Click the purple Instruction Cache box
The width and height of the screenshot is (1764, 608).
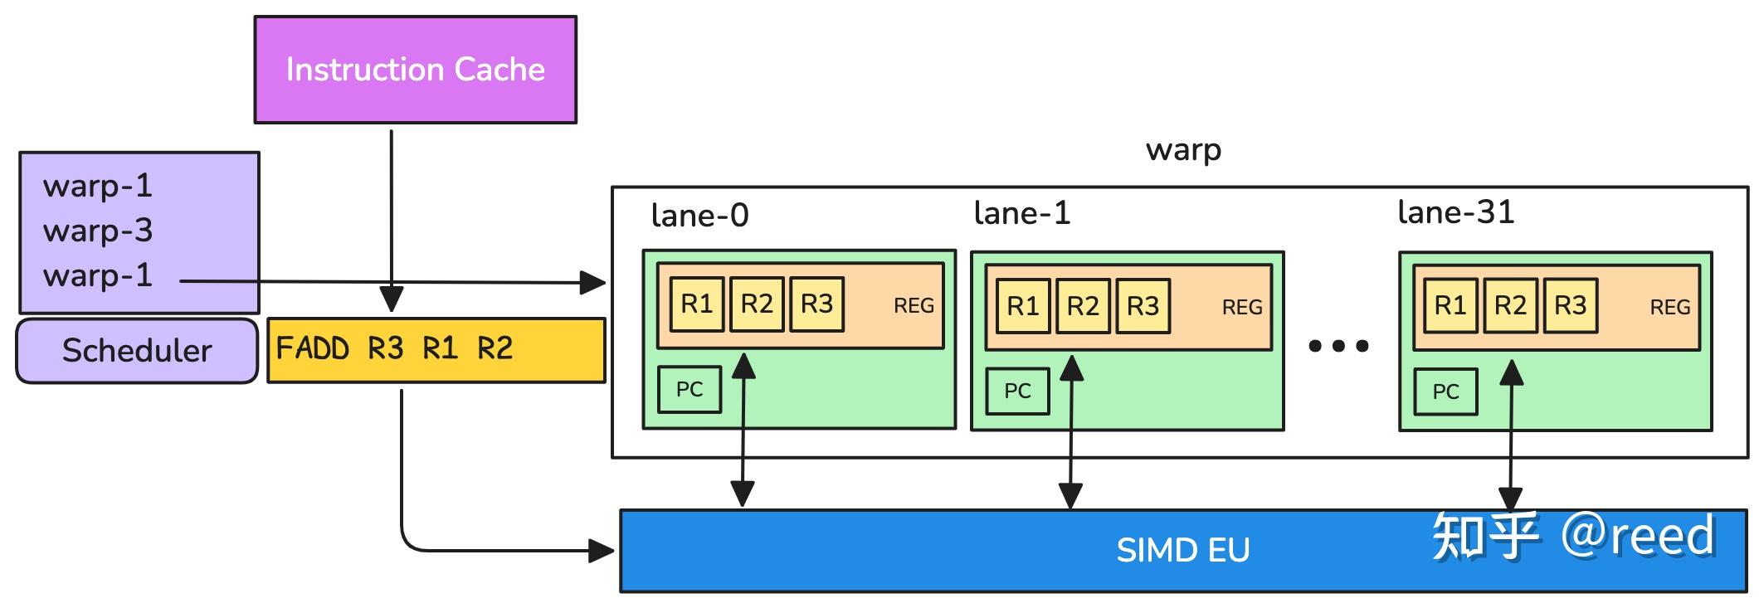pos(415,70)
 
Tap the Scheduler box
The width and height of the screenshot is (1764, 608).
pos(137,351)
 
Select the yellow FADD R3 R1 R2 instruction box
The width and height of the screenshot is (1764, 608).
pos(436,350)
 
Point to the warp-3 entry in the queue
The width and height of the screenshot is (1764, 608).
pos(98,231)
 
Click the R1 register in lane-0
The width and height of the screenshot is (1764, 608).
pos(697,304)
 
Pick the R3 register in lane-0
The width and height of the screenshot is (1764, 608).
pos(816,304)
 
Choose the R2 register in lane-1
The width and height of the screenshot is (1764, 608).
pos(1083,307)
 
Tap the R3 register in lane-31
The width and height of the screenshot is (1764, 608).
pos(1570,306)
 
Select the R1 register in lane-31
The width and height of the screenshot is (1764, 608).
pos(1450,306)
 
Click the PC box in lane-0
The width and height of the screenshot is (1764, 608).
pos(690,390)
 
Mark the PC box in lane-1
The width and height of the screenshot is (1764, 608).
pos(1017,392)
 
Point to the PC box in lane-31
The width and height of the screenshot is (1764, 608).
pos(1445,392)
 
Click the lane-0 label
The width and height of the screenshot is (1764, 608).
pos(699,216)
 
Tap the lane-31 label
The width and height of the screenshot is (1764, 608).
pos(1455,212)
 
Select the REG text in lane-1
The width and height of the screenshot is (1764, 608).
pos(1242,308)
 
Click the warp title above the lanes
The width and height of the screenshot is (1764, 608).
pos(1183,150)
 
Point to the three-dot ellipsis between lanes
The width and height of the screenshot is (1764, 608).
pos(1338,346)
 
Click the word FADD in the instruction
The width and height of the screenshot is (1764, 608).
pos(312,348)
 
